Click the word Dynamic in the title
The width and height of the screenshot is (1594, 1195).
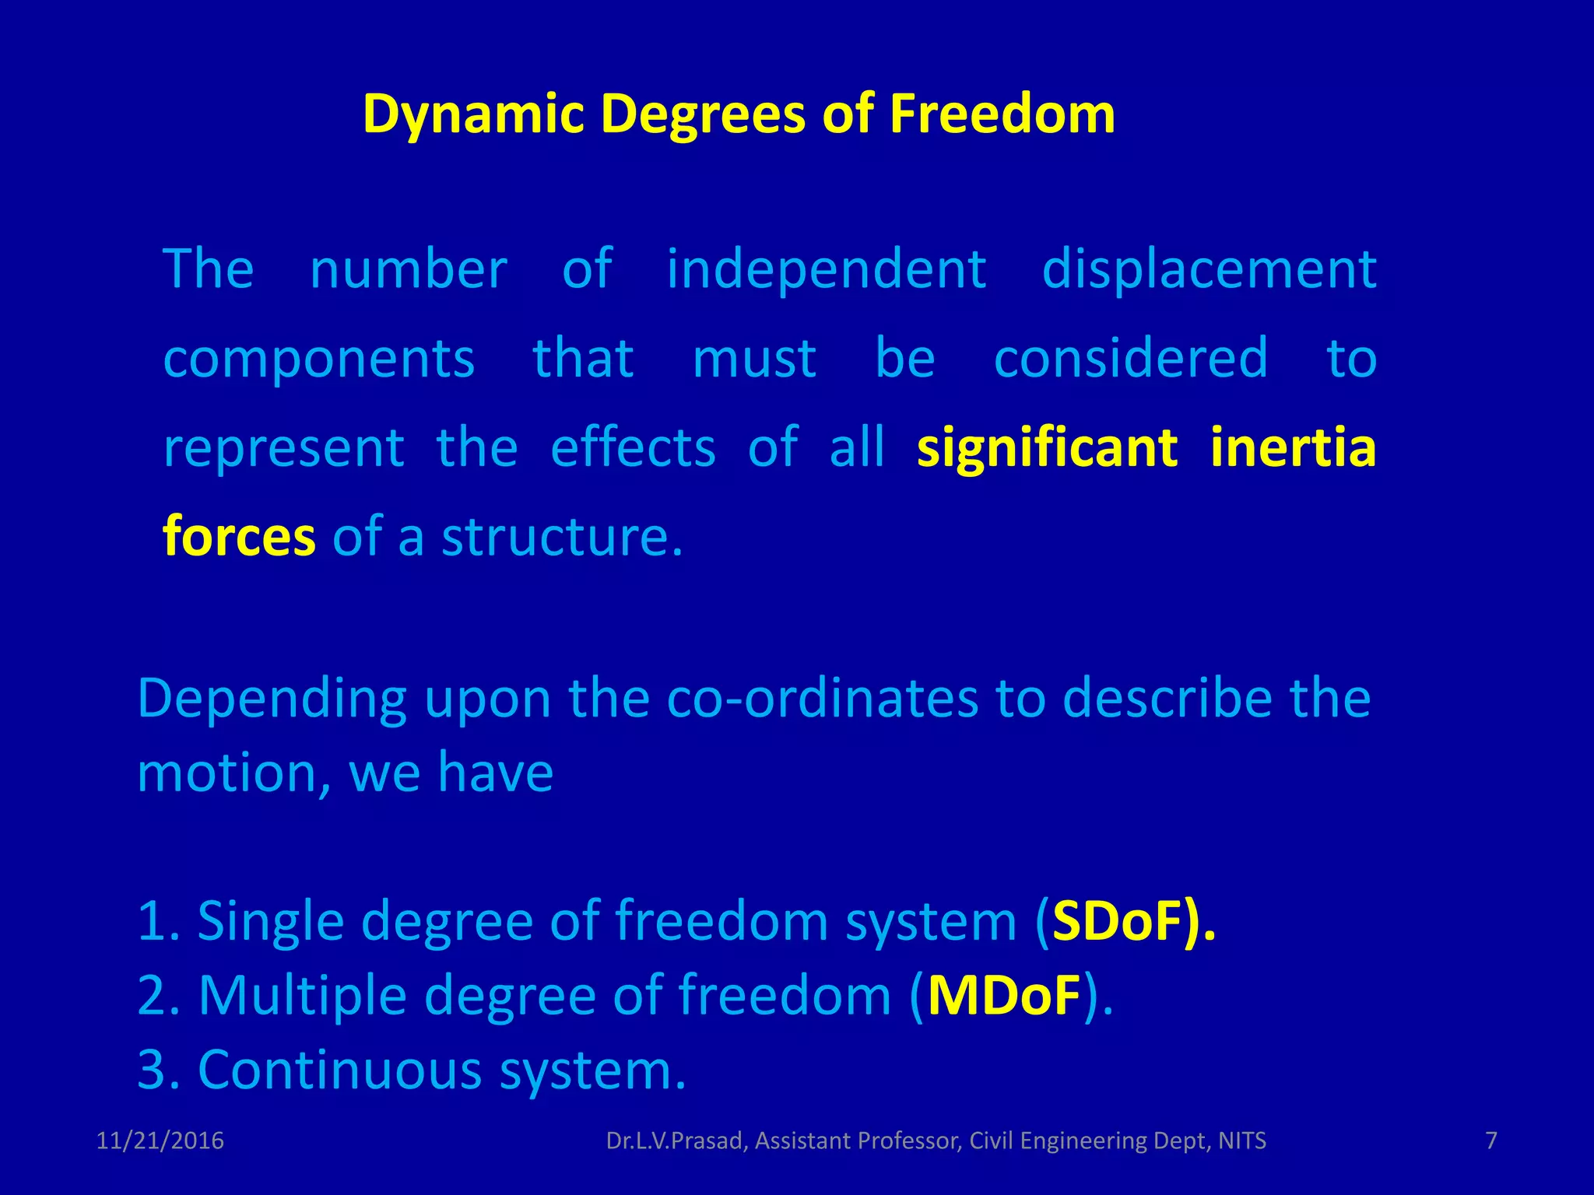point(473,114)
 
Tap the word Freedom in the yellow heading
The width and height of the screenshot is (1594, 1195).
point(1002,114)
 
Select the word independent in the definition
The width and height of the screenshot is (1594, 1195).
point(827,269)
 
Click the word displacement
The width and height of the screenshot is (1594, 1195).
point(1209,269)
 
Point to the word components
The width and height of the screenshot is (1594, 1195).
point(319,359)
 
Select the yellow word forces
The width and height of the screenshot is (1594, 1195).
point(239,537)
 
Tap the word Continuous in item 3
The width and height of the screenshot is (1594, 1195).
point(340,1070)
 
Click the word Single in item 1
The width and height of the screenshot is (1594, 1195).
point(270,921)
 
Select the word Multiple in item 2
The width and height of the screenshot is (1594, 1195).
point(302,996)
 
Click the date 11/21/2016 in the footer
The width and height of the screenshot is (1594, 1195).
point(160,1141)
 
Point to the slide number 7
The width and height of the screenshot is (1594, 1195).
point(1491,1141)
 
